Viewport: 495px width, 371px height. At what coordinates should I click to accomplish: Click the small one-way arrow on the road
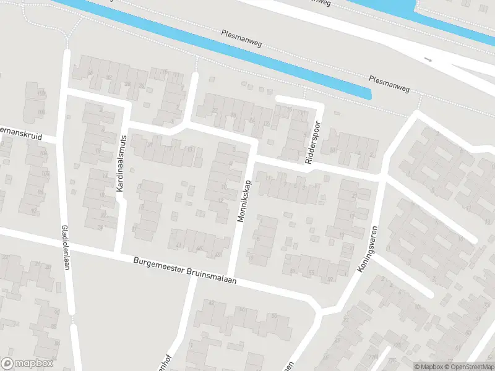tap(428, 59)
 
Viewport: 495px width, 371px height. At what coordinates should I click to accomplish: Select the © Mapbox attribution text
tap(428, 367)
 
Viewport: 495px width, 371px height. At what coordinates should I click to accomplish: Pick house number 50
tap(273, 315)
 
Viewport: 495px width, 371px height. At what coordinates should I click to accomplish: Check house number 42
tap(211, 303)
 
